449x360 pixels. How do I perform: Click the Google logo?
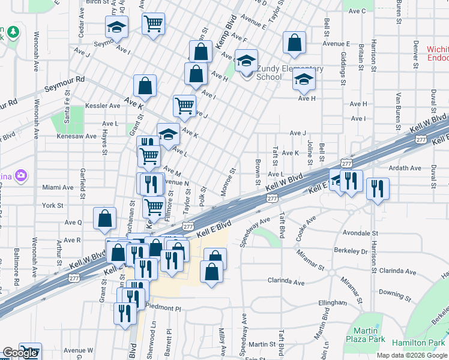[x=20, y=353]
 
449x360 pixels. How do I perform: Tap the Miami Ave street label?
[x=58, y=187]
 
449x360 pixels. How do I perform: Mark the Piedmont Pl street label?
[x=164, y=308]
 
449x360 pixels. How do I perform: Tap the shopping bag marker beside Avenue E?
[x=294, y=43]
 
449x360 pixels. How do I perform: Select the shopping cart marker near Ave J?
[x=184, y=106]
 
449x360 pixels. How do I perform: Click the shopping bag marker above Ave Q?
[x=105, y=219]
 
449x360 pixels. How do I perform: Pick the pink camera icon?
[x=22, y=175]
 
